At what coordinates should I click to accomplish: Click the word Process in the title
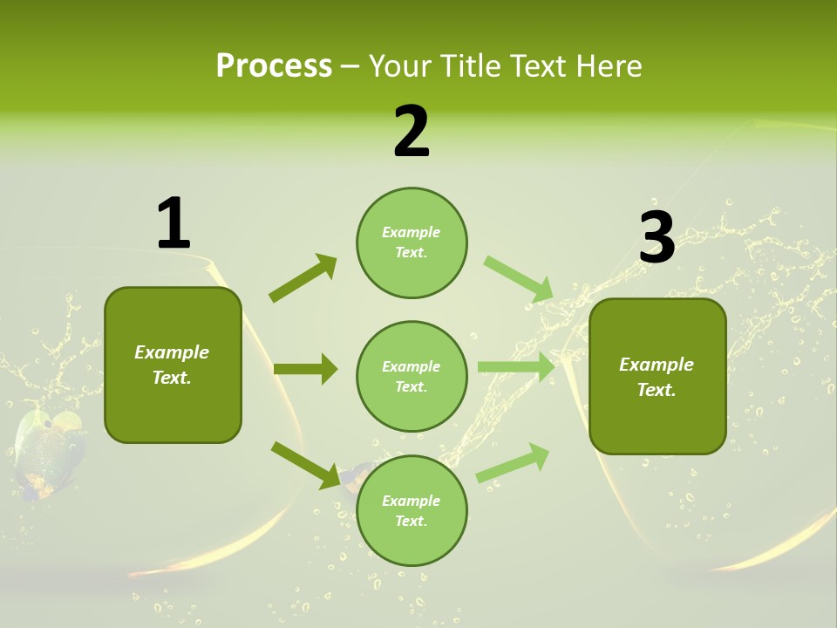274,65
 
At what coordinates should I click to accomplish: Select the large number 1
174,223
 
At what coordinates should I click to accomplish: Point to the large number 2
412,132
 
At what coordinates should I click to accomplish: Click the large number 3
657,237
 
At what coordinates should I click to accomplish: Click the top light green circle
412,242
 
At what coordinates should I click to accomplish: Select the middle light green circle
412,376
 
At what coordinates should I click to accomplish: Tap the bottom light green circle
412,511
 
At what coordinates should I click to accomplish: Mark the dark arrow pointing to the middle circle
305,369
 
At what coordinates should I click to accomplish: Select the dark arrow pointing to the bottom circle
305,464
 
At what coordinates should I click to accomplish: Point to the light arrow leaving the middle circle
516,367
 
